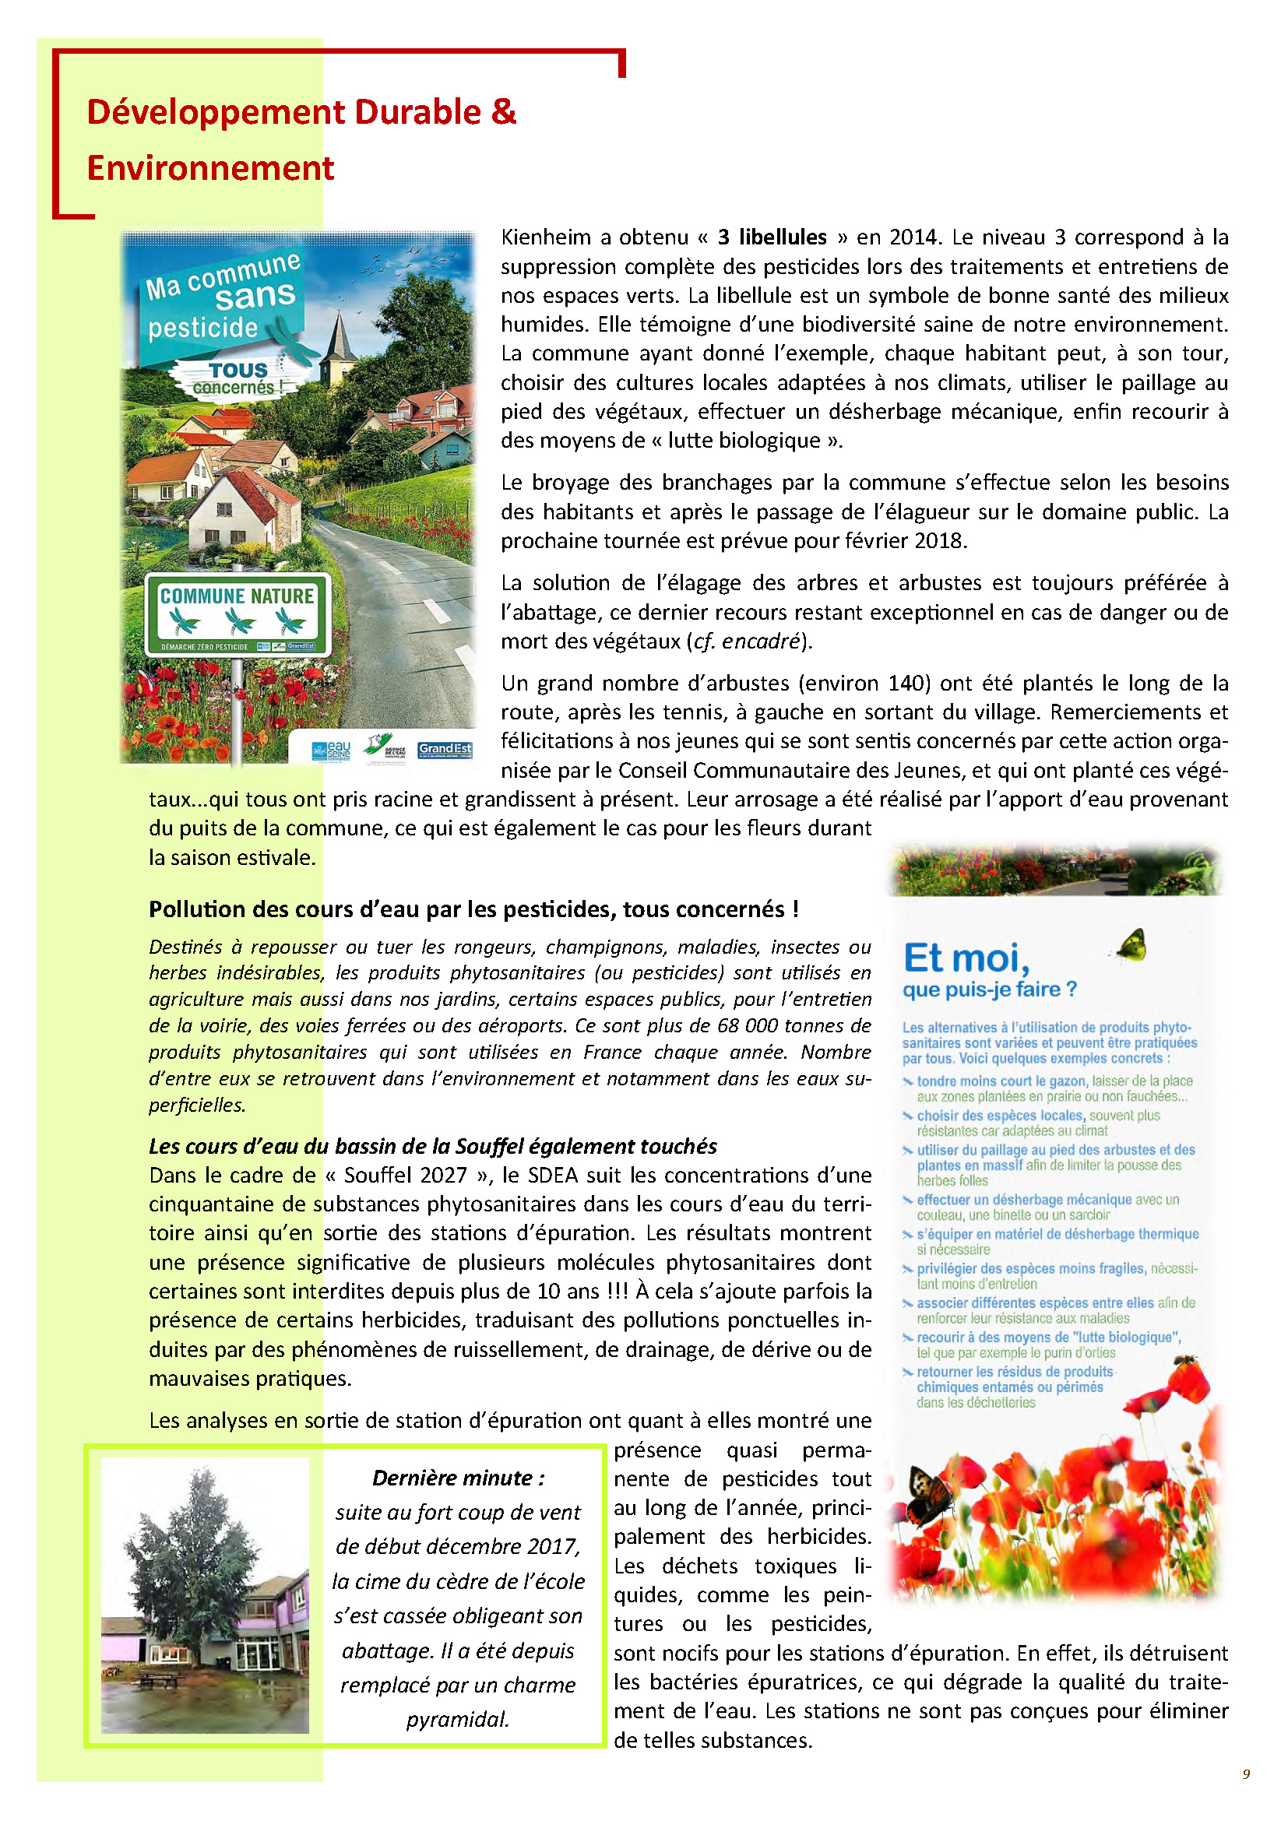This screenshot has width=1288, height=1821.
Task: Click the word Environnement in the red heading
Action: (x=210, y=168)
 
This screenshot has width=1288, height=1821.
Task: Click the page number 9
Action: (x=1246, y=1774)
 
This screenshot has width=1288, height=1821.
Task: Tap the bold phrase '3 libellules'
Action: (x=772, y=237)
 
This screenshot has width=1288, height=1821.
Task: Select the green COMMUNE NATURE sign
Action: (x=238, y=613)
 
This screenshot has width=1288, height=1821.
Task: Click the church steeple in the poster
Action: (x=340, y=341)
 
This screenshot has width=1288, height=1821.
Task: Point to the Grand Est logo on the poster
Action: (x=444, y=749)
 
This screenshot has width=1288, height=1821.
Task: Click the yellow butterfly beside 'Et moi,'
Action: (x=1131, y=944)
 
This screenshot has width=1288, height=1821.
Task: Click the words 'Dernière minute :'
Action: (x=459, y=1478)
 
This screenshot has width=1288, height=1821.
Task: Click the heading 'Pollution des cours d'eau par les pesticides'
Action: (x=473, y=909)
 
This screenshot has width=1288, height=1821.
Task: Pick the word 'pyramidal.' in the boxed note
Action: (x=458, y=1719)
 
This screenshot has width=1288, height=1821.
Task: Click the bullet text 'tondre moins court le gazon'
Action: (x=1001, y=1081)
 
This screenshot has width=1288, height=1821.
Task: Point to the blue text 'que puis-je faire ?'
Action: (x=989, y=990)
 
